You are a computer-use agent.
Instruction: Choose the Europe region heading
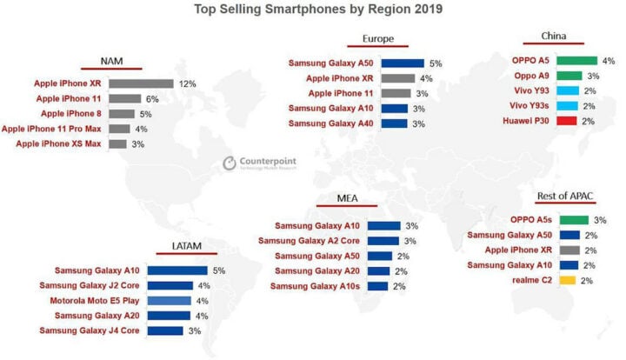pos(378,40)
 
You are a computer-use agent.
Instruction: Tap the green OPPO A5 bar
pos(576,61)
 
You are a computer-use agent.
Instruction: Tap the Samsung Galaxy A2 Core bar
pos(384,240)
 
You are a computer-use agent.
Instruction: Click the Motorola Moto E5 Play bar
pos(167,301)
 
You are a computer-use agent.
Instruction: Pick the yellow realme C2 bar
pos(568,280)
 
